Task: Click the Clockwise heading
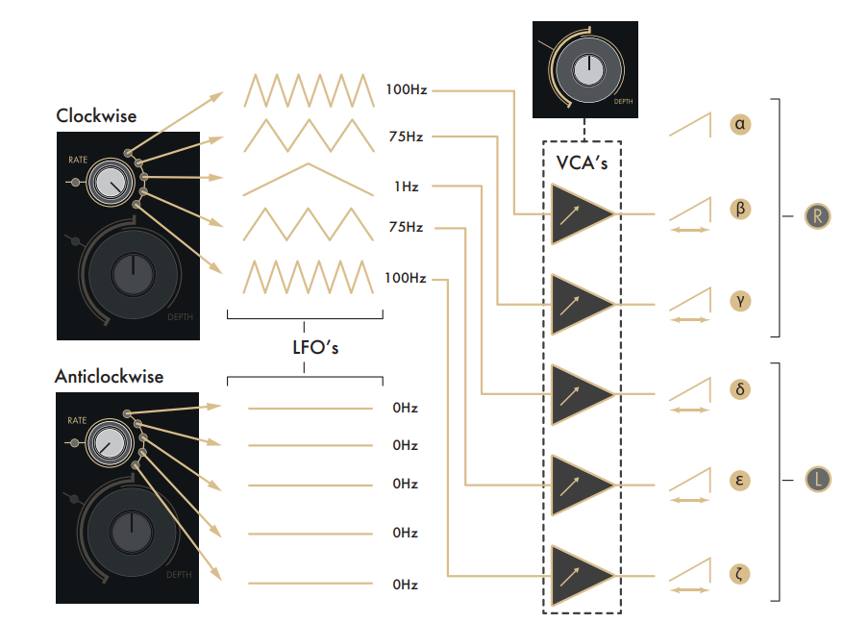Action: [96, 116]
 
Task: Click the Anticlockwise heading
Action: [109, 377]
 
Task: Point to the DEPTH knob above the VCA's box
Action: [584, 70]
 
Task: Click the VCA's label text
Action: [583, 162]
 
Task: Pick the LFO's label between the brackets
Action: [304, 347]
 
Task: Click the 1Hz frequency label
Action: [406, 186]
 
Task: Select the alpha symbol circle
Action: [740, 124]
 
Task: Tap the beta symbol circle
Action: [740, 209]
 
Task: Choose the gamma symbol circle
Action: [740, 300]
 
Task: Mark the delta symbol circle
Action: [740, 389]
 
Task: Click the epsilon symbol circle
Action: [740, 480]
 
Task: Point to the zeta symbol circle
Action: [740, 574]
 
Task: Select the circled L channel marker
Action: [817, 479]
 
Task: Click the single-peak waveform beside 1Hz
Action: [307, 179]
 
